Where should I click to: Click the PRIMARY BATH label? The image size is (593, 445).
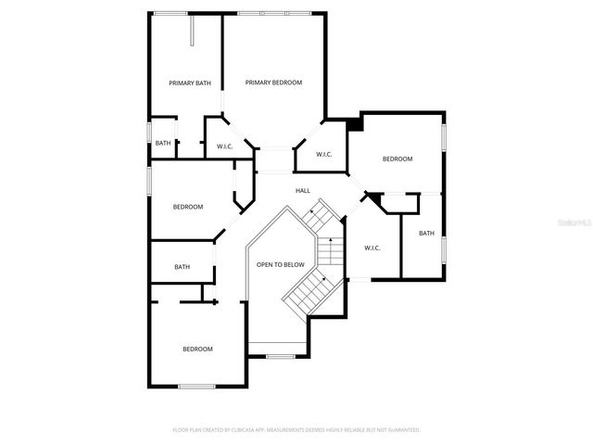[190, 83]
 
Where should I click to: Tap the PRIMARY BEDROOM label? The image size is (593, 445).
[273, 83]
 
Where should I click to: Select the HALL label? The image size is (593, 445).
[303, 191]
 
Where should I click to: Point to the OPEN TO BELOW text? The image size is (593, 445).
[281, 265]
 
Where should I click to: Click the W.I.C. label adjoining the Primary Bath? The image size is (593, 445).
[224, 146]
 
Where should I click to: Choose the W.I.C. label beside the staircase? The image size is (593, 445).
[372, 248]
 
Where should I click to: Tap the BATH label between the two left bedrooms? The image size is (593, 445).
[182, 267]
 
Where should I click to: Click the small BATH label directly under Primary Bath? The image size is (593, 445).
[163, 143]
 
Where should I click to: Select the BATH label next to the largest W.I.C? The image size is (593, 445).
[426, 234]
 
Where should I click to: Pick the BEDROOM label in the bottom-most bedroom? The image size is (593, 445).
[197, 349]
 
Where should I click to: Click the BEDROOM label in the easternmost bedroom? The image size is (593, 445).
[397, 159]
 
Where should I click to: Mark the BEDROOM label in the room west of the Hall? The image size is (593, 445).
[188, 207]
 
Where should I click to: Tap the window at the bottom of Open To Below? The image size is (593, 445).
[280, 356]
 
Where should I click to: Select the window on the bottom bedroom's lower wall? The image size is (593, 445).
[196, 386]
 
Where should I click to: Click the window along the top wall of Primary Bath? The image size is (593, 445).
[172, 12]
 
